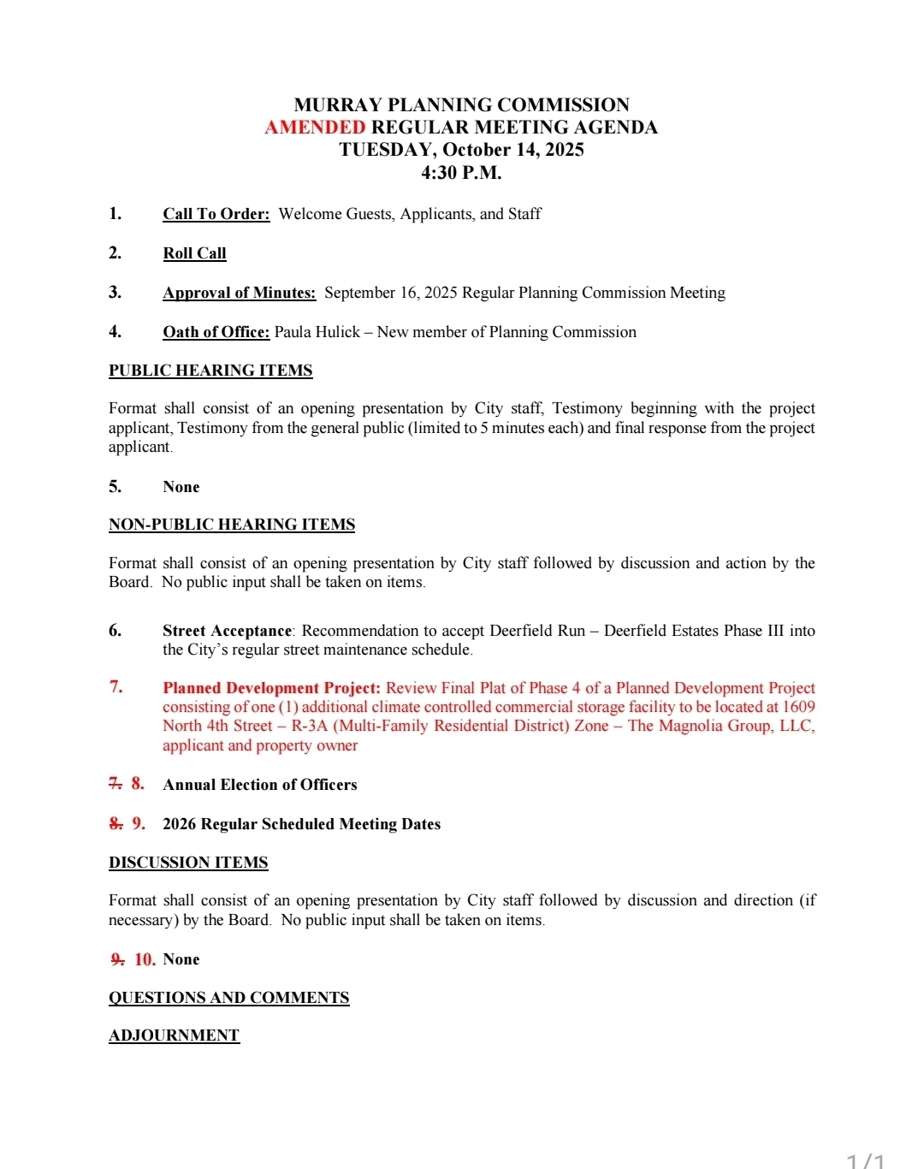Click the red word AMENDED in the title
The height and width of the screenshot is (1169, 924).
click(x=315, y=128)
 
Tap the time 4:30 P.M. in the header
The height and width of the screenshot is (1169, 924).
click(x=461, y=172)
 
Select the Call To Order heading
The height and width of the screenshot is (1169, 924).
click(x=216, y=214)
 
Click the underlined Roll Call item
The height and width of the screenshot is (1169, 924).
click(x=194, y=253)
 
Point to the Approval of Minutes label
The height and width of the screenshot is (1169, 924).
click(x=239, y=293)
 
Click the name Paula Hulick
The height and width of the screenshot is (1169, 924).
click(x=317, y=332)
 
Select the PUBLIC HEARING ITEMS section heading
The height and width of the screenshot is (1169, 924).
click(x=210, y=371)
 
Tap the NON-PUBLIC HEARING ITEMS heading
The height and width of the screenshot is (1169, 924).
click(x=232, y=525)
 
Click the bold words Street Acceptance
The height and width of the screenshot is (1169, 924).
click(x=227, y=631)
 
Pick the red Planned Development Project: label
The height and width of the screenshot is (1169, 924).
click(x=271, y=688)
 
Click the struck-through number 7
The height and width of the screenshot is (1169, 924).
click(x=115, y=784)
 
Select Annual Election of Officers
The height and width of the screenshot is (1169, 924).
click(x=260, y=785)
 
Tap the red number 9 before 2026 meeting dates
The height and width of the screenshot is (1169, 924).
click(x=139, y=824)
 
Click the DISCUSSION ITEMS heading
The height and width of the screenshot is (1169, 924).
click(x=188, y=863)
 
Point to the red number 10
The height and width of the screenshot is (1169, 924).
click(x=145, y=960)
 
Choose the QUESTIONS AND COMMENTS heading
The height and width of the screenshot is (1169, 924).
click(x=228, y=998)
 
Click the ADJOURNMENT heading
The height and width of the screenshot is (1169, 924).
click(x=174, y=1035)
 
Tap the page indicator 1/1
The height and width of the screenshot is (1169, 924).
click(x=865, y=1160)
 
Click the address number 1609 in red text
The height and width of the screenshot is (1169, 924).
click(x=798, y=707)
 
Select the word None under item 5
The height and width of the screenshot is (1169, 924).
click(x=181, y=487)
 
